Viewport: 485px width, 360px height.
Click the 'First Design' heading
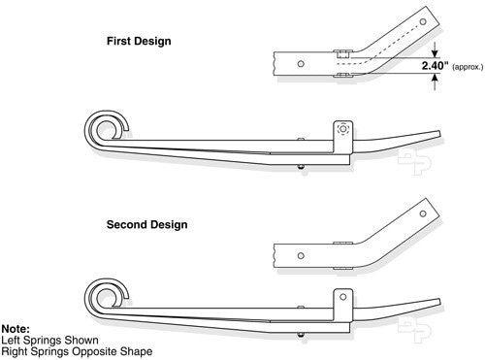click(x=140, y=43)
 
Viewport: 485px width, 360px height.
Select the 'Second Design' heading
click(x=146, y=224)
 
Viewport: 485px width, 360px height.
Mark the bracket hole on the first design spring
click(x=340, y=129)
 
